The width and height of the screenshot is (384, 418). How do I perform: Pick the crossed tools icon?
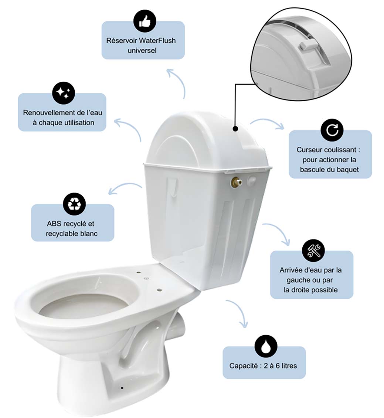point(313,251)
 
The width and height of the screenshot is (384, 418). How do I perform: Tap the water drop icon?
point(265,346)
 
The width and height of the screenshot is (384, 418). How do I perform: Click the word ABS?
point(54,224)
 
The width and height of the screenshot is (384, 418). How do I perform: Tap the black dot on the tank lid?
point(235,129)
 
